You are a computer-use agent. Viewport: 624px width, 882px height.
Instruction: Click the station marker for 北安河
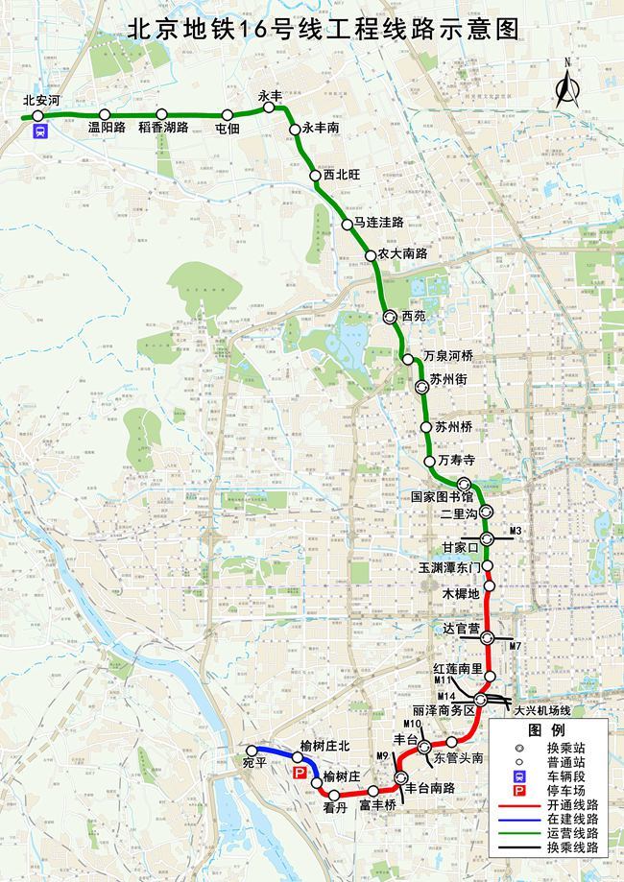tap(38, 116)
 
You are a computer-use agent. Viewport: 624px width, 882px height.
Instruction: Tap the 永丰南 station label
tap(321, 126)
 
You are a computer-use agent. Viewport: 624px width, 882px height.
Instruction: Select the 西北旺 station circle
tap(315, 176)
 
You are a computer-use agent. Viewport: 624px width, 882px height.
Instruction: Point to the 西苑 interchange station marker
tap(390, 316)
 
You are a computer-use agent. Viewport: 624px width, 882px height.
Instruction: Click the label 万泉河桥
tap(448, 356)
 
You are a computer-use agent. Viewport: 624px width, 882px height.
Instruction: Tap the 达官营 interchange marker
tap(488, 636)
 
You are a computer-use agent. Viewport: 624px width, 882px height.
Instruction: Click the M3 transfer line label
tap(516, 531)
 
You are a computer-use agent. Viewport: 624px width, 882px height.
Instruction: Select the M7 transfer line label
tap(516, 645)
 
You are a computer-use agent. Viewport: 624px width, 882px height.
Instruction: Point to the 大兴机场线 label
tap(541, 710)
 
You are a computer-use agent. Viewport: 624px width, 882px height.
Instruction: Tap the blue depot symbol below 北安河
tap(38, 133)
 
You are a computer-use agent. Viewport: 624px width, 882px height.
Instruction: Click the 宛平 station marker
tap(252, 751)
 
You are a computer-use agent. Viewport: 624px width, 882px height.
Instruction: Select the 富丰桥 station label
tap(377, 806)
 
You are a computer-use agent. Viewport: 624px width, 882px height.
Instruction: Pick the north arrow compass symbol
tap(566, 84)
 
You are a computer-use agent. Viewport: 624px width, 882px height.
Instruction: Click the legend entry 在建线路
tap(572, 820)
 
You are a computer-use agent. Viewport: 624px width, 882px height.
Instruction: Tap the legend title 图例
tap(550, 728)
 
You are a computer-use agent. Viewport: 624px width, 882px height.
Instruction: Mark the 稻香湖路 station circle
tap(161, 113)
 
